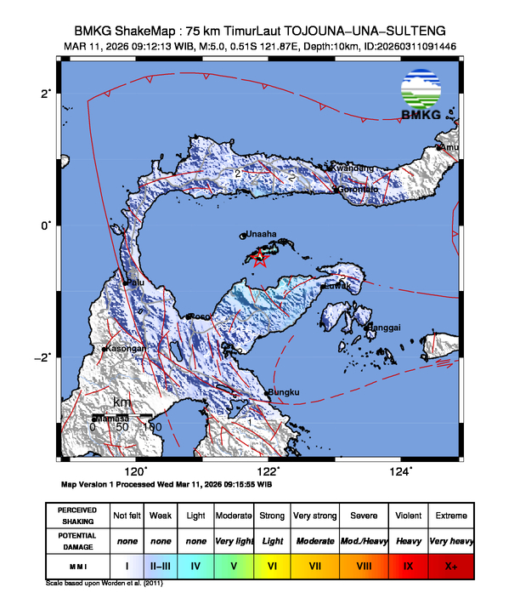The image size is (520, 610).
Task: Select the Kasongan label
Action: tap(125, 349)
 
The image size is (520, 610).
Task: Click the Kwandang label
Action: tap(351, 168)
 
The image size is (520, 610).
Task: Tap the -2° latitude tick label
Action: tap(42, 356)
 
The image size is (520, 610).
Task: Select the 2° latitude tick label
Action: tap(46, 93)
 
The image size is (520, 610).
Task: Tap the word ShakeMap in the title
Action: tap(155, 30)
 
